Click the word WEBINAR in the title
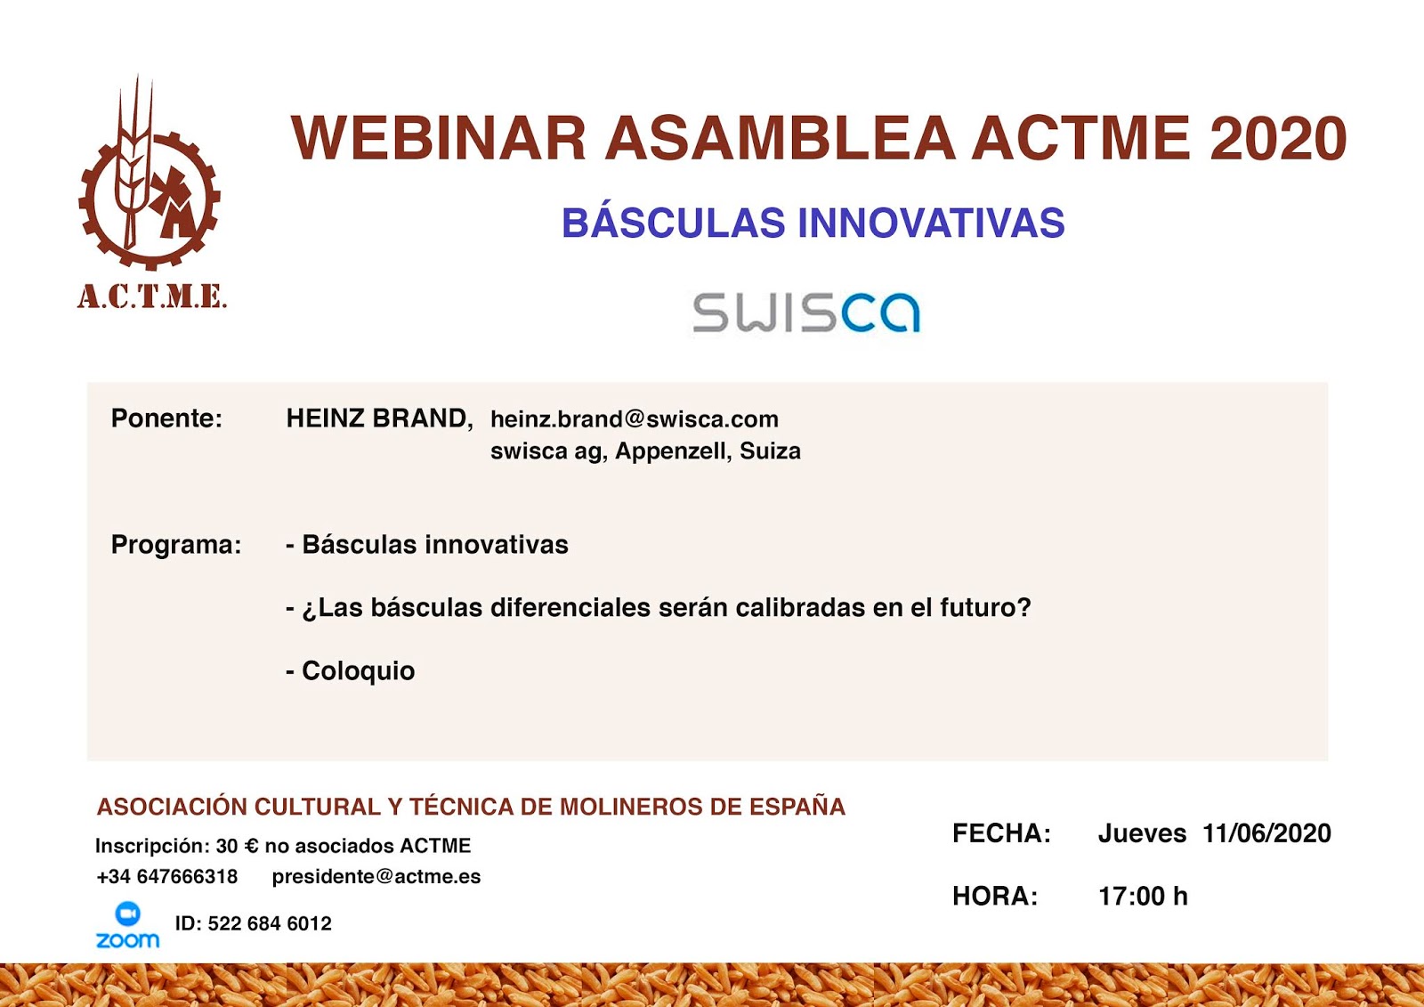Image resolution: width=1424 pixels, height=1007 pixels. point(438,138)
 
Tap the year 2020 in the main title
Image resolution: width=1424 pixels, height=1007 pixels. point(1278,138)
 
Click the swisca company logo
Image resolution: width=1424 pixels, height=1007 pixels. point(806,313)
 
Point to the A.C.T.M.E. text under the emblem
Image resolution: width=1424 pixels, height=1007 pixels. point(152,297)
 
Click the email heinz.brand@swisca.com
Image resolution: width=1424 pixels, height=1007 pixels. point(635,419)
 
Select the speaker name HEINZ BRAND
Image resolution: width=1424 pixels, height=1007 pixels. point(379,418)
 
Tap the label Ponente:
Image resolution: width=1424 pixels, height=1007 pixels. point(166,418)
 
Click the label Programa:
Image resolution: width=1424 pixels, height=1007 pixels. point(176,545)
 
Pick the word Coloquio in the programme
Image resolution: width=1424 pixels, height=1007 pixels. point(359,671)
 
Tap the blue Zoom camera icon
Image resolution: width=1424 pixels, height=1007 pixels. point(128,914)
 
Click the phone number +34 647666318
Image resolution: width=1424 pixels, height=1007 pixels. point(167,877)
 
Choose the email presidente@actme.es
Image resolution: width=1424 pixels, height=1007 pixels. point(376,877)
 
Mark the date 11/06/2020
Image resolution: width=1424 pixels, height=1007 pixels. point(1266,833)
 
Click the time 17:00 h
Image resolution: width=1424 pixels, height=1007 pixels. point(1143,897)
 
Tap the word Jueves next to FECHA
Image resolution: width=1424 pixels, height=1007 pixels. point(1142,833)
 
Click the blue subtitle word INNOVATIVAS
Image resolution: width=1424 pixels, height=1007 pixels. point(931,223)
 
